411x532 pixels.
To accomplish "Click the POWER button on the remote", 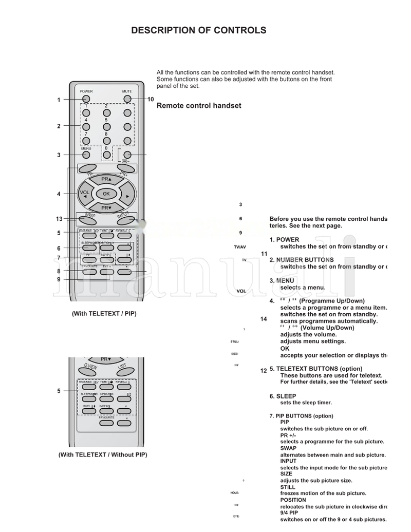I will click(x=86, y=99).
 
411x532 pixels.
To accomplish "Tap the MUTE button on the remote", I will click(x=127, y=99).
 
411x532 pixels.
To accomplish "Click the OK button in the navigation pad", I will click(x=106, y=194).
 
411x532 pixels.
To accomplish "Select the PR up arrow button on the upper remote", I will click(x=106, y=179).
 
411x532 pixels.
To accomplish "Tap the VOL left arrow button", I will click(x=85, y=194).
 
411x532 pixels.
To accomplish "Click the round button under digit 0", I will click(x=106, y=155).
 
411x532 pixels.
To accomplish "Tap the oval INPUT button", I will click(x=124, y=218).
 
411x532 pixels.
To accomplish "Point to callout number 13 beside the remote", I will click(x=59, y=219).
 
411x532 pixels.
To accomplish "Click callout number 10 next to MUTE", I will click(x=151, y=100).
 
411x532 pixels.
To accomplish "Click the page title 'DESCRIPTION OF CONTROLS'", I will click(x=198, y=30).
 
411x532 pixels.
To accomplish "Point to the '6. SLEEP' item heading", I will click(x=283, y=396).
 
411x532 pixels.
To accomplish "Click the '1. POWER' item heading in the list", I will click(x=284, y=240).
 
